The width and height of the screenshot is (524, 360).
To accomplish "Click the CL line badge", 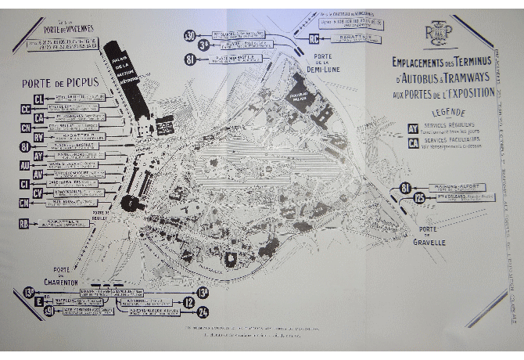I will pyautogui.click(x=38, y=99).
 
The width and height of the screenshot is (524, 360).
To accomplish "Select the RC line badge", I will pyautogui.click(x=314, y=38).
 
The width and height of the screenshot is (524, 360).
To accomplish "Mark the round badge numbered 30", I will pyautogui.click(x=189, y=36).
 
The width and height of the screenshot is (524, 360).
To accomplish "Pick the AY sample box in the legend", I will pyautogui.click(x=412, y=128).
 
